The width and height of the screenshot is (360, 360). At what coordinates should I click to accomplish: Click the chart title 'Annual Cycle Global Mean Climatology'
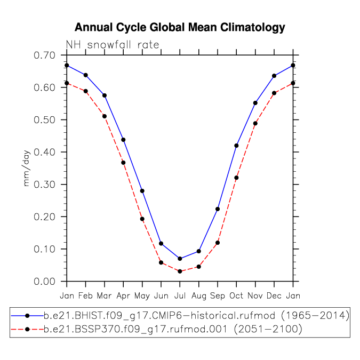180,28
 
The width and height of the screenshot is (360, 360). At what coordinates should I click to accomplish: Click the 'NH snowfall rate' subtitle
113,45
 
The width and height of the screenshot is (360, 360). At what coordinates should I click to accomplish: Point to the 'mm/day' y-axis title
27,168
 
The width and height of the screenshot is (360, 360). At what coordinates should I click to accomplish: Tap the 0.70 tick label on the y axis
45,55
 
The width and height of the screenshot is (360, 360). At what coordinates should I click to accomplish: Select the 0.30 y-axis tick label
45,185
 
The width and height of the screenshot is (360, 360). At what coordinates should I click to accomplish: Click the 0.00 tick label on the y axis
45,282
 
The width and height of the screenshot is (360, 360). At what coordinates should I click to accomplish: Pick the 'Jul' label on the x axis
180,295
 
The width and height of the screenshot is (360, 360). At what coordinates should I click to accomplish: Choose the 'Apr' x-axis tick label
123,296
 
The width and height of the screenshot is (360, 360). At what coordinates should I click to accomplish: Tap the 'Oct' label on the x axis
236,295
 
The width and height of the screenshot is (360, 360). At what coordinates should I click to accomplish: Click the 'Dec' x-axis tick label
274,295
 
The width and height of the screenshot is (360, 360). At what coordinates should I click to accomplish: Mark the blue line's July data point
180,259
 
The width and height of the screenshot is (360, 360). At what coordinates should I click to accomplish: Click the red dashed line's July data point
180,271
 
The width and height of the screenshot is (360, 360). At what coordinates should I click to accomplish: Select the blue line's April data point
123,140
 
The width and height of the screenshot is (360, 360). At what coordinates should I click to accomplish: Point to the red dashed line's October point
236,178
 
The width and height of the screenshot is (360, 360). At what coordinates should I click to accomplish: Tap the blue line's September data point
218,209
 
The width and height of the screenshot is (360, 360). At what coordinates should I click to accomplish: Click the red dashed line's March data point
105,116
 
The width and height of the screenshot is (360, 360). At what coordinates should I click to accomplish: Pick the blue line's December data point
274,76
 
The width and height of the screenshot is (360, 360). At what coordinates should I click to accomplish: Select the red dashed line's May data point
142,219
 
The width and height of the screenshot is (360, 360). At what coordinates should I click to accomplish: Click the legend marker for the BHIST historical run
27,316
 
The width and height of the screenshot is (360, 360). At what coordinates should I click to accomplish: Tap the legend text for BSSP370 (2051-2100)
173,330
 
